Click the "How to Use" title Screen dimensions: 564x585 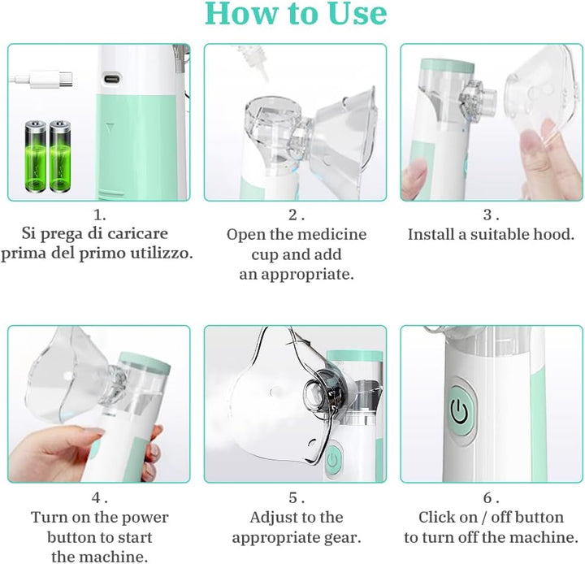click(x=296, y=15)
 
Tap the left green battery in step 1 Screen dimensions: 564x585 click(x=37, y=156)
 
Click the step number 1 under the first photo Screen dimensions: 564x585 click(x=99, y=215)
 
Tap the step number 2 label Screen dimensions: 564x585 click(x=296, y=215)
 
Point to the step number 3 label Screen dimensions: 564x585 click(x=490, y=215)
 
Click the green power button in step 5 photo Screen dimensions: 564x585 click(x=331, y=461)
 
